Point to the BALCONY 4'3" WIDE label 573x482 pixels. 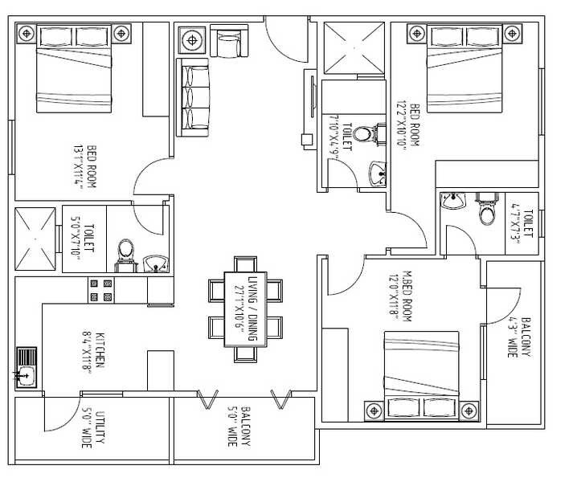coord(519,337)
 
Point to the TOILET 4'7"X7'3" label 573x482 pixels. coord(523,224)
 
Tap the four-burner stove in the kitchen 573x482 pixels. coord(100,290)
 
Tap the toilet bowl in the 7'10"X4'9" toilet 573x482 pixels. coord(364,134)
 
